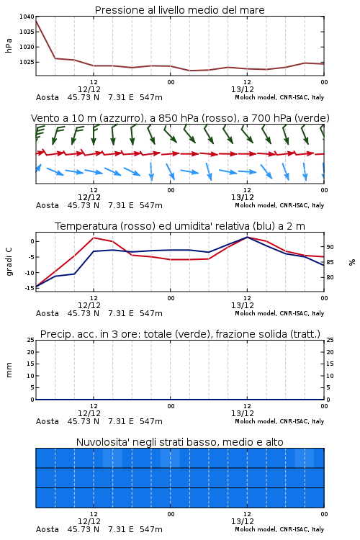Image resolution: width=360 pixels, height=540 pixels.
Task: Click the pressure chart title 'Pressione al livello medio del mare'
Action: (x=179, y=10)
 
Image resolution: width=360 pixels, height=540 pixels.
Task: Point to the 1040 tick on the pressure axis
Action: (x=27, y=17)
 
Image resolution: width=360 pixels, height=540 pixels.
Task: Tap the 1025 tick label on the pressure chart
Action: (x=27, y=62)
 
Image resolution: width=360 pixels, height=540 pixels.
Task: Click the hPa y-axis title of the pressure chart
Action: (x=9, y=45)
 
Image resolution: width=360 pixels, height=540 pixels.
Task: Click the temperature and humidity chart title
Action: (x=179, y=226)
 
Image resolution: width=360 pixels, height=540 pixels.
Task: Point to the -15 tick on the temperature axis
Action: (x=30, y=288)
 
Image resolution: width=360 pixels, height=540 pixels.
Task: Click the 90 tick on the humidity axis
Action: (x=330, y=247)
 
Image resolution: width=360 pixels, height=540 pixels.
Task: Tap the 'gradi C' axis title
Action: (x=9, y=262)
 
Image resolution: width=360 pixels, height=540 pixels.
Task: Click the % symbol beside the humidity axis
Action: (x=352, y=262)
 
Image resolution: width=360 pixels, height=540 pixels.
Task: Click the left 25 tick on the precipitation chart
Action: (x=31, y=340)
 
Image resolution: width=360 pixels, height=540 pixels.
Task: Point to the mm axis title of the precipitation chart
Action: (x=9, y=370)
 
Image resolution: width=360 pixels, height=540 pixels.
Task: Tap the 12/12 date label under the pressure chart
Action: (x=89, y=89)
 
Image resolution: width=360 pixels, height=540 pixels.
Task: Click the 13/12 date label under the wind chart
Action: (x=243, y=198)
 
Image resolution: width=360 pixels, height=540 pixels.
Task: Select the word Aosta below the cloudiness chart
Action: (x=48, y=529)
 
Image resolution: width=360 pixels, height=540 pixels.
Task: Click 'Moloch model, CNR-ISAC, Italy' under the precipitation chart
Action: (x=279, y=421)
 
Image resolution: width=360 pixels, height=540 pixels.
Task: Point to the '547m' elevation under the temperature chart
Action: (x=151, y=313)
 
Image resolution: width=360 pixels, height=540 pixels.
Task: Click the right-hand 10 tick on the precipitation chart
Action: (x=330, y=376)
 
